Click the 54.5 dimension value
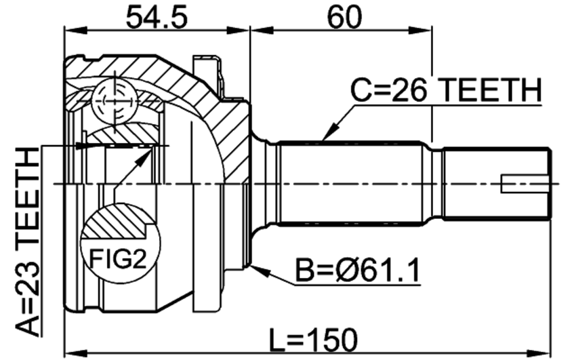coord(157,17)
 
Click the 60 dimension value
coord(344,17)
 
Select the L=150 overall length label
coord(313,340)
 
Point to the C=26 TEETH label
coord(446,90)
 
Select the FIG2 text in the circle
coord(118,258)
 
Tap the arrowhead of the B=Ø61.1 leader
coord(260,271)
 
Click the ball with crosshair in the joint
coord(115,100)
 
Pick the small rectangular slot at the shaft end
coord(526,184)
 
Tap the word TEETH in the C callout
coord(491,90)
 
